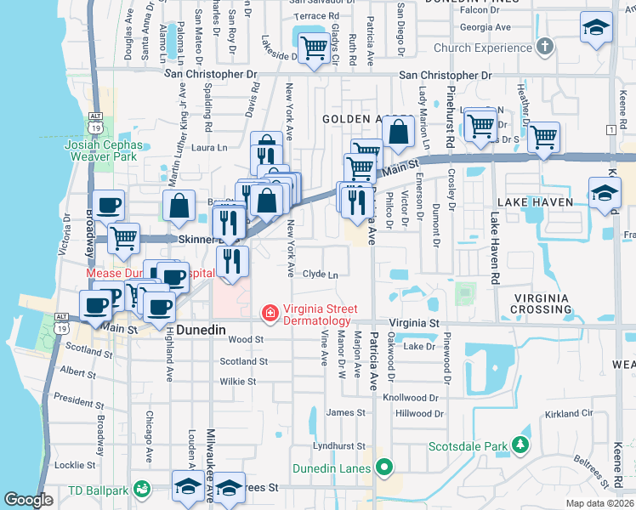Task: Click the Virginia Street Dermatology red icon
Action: (x=270, y=314)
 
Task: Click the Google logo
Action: (x=28, y=500)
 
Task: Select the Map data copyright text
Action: (x=599, y=503)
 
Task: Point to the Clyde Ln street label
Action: (x=321, y=275)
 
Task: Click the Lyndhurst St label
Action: (x=338, y=445)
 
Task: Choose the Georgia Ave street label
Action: (x=485, y=27)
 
